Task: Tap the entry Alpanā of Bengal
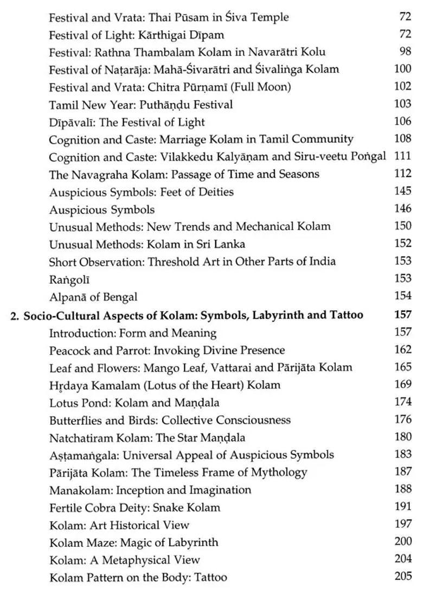[93, 297]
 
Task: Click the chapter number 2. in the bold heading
[15, 315]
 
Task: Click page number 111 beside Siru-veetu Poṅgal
[402, 156]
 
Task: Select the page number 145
[403, 191]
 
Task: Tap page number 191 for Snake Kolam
[403, 507]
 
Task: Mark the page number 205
[403, 577]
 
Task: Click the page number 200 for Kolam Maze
[403, 541]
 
